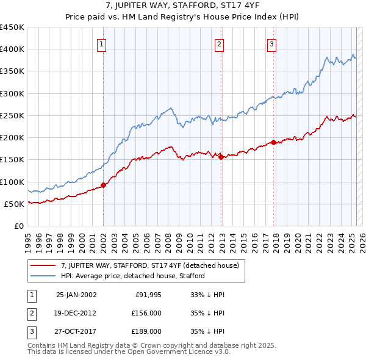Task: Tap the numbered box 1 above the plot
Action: pyautogui.click(x=101, y=43)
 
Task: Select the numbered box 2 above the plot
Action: pyautogui.click(x=219, y=43)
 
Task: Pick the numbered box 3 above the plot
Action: pyautogui.click(x=271, y=43)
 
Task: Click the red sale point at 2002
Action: pyautogui.click(x=103, y=185)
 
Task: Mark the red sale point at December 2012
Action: pyautogui.click(x=221, y=157)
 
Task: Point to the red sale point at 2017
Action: pyautogui.click(x=273, y=142)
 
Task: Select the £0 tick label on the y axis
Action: pyautogui.click(x=18, y=226)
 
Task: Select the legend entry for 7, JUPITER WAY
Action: pyautogui.click(x=152, y=265)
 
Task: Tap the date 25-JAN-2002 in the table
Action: pyautogui.click(x=76, y=295)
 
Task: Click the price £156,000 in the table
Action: pyautogui.click(x=147, y=313)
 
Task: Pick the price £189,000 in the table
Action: pyautogui.click(x=147, y=331)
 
